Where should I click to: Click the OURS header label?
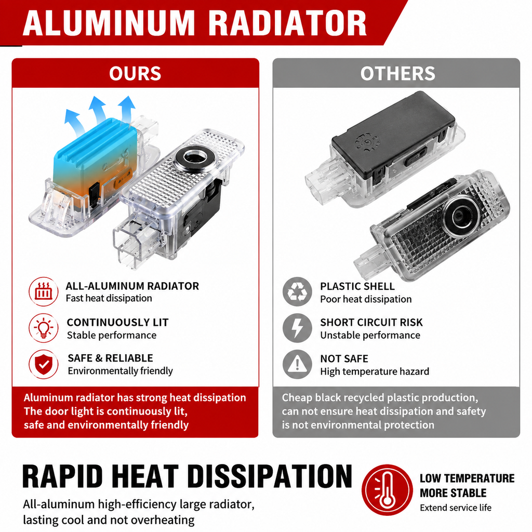[135, 73]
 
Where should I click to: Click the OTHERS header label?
[397, 73]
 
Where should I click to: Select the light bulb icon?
[44, 328]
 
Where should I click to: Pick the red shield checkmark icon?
[44, 364]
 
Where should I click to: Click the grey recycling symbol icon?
[297, 292]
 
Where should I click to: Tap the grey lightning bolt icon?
[297, 328]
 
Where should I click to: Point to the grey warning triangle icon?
[297, 364]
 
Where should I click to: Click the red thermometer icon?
[387, 489]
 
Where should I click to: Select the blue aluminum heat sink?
[95, 149]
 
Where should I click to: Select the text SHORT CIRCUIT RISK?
[371, 322]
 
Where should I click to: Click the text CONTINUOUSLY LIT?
[117, 322]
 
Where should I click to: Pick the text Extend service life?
[456, 508]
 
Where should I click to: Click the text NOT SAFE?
[344, 358]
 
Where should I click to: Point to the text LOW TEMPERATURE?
[467, 478]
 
